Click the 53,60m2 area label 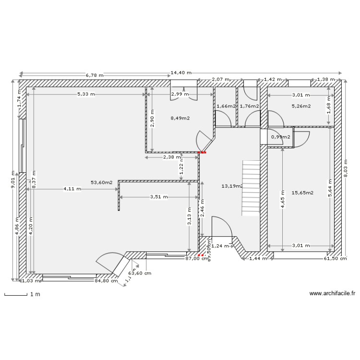click(x=101, y=182)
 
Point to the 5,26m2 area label click(x=300, y=106)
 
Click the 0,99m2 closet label click(x=281, y=137)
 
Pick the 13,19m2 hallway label click(x=232, y=186)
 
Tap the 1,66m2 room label click(x=225, y=106)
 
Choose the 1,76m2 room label click(x=249, y=106)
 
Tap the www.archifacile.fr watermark click(x=332, y=293)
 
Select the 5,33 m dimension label click(x=86, y=95)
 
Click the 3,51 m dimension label click(x=159, y=197)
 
